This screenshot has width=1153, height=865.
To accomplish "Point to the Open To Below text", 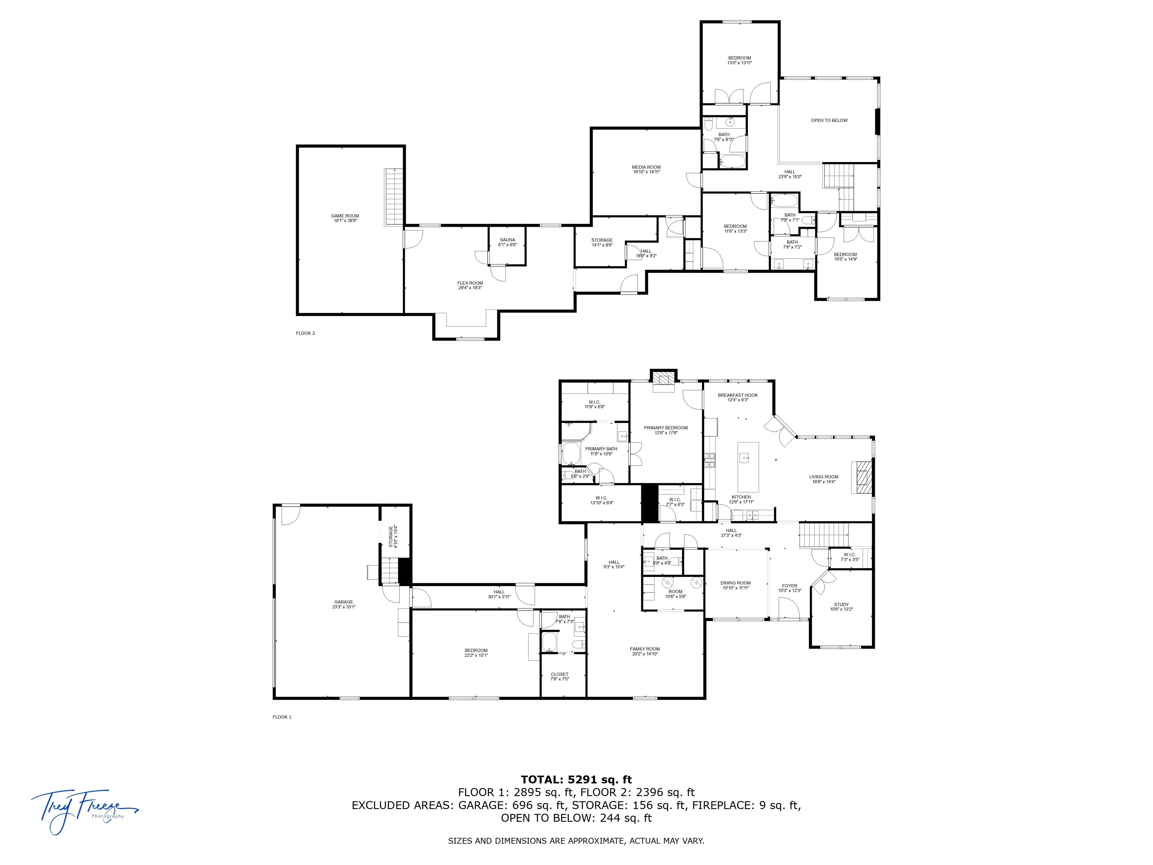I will pyautogui.click(x=829, y=121).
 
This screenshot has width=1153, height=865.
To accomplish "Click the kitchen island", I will pyautogui.click(x=748, y=467).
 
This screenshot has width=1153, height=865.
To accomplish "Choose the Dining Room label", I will pyautogui.click(x=736, y=585).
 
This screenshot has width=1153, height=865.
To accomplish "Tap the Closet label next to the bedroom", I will pyautogui.click(x=559, y=676).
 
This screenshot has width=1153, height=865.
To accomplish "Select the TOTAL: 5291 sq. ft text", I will pyautogui.click(x=576, y=779).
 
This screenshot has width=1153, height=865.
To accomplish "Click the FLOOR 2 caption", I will pyautogui.click(x=305, y=333).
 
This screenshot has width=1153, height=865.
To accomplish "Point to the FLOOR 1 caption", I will pyautogui.click(x=281, y=717).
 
